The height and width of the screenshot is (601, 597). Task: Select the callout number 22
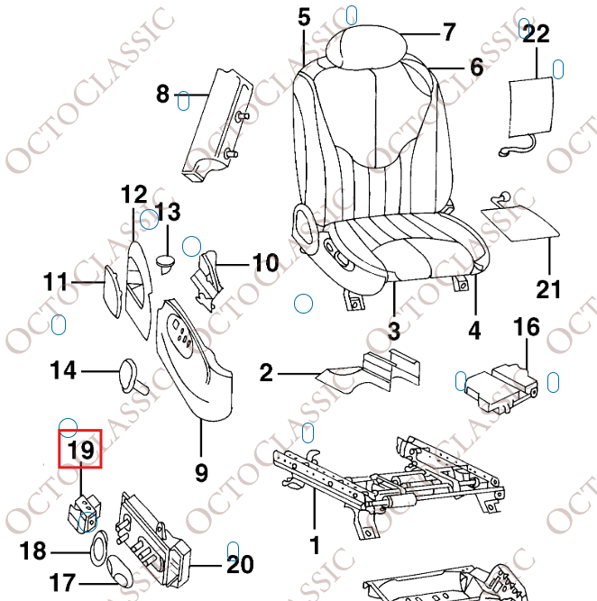point(536,34)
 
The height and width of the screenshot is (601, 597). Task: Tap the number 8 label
point(162,93)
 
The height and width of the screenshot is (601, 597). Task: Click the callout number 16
point(527,327)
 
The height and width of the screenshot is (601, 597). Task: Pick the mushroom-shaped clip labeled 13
point(165,261)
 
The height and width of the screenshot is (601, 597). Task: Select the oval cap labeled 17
point(117,569)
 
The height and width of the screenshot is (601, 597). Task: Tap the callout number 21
point(548,289)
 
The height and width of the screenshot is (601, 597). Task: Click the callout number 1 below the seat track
point(314,545)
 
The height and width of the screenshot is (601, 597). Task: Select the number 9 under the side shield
point(200,470)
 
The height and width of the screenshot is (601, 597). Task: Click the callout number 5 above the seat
point(304,16)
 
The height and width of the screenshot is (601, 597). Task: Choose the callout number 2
point(266,372)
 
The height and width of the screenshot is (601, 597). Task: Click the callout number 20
point(239,564)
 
